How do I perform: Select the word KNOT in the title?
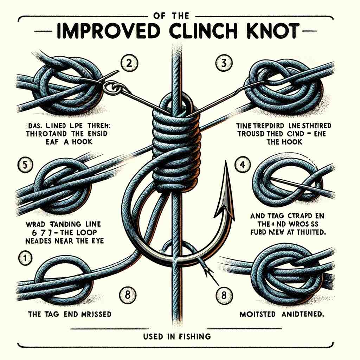tap(272, 31)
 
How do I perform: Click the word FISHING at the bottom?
tap(194, 336)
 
